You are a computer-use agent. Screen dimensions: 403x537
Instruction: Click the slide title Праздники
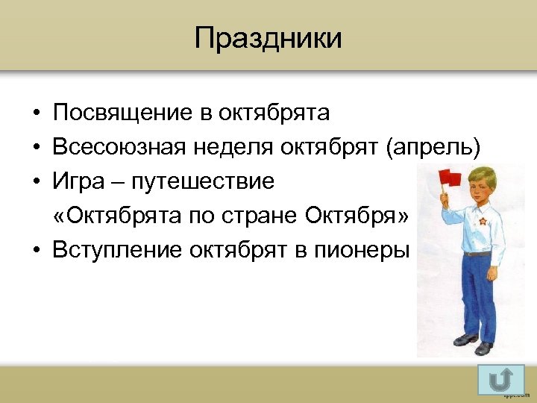[268, 38]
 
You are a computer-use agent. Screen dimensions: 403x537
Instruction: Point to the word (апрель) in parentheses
[432, 148]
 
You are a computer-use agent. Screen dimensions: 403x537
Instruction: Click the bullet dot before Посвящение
[36, 114]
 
